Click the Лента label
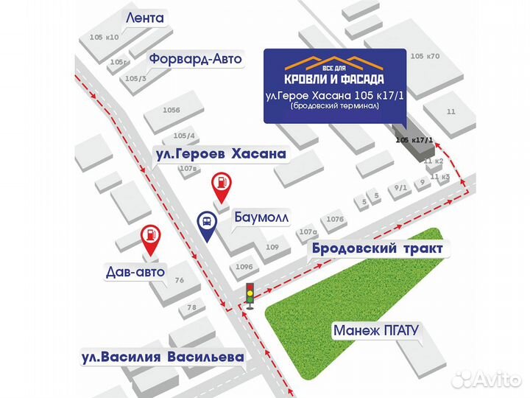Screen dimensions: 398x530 pos(146,16)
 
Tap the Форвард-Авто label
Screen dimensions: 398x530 pos(195,59)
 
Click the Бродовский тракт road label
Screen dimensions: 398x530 pos(377,249)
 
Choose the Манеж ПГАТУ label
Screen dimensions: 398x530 pos(375,330)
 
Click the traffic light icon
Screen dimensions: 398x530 pos(250,295)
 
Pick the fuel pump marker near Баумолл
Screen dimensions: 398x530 pos(220,186)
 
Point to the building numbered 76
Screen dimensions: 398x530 pos(178,280)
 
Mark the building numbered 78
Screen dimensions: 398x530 pos(191,307)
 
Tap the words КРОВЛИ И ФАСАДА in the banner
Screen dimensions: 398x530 pos(335,77)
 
